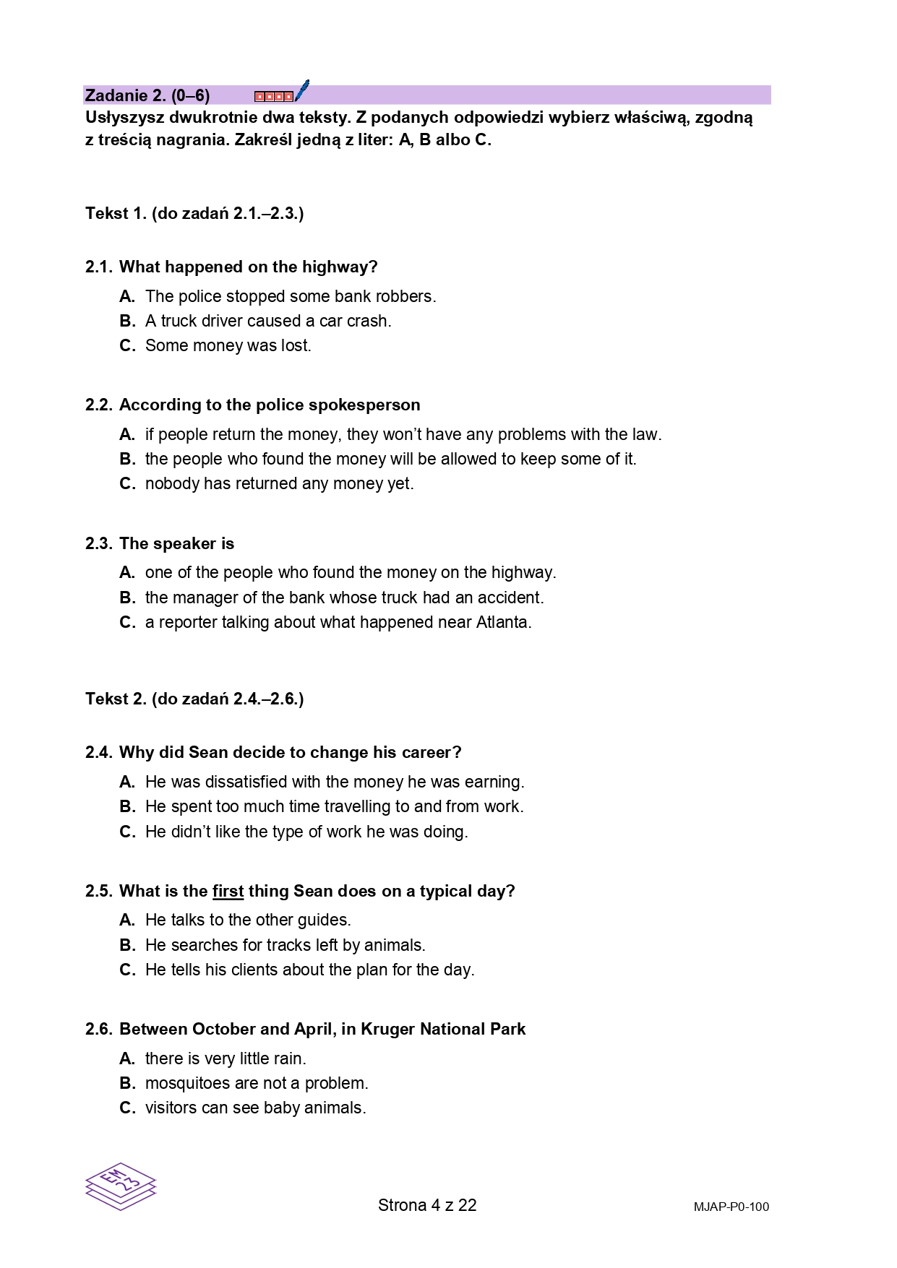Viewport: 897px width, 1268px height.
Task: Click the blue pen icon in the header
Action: click(x=301, y=91)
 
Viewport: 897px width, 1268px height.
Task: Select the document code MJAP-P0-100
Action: click(x=731, y=1207)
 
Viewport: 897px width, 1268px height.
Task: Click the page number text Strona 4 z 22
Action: click(x=427, y=1205)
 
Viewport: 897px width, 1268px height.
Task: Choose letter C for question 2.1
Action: click(x=127, y=346)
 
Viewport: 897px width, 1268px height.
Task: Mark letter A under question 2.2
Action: click(x=127, y=435)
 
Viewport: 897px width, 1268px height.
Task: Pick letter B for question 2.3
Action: click(x=127, y=598)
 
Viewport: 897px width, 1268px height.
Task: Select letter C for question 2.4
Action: click(x=127, y=832)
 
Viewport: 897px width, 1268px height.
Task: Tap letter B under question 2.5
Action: click(x=127, y=946)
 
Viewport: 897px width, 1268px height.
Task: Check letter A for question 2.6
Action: click(x=127, y=1059)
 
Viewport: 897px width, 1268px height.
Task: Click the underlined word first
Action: click(x=228, y=892)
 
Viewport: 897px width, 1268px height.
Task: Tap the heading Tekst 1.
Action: click(x=116, y=214)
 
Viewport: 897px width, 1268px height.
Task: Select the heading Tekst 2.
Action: click(x=116, y=699)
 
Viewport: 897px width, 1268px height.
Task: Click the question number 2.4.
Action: click(x=99, y=753)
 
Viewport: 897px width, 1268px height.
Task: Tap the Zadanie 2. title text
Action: click(x=147, y=95)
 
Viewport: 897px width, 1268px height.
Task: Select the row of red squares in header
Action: click(x=274, y=96)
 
